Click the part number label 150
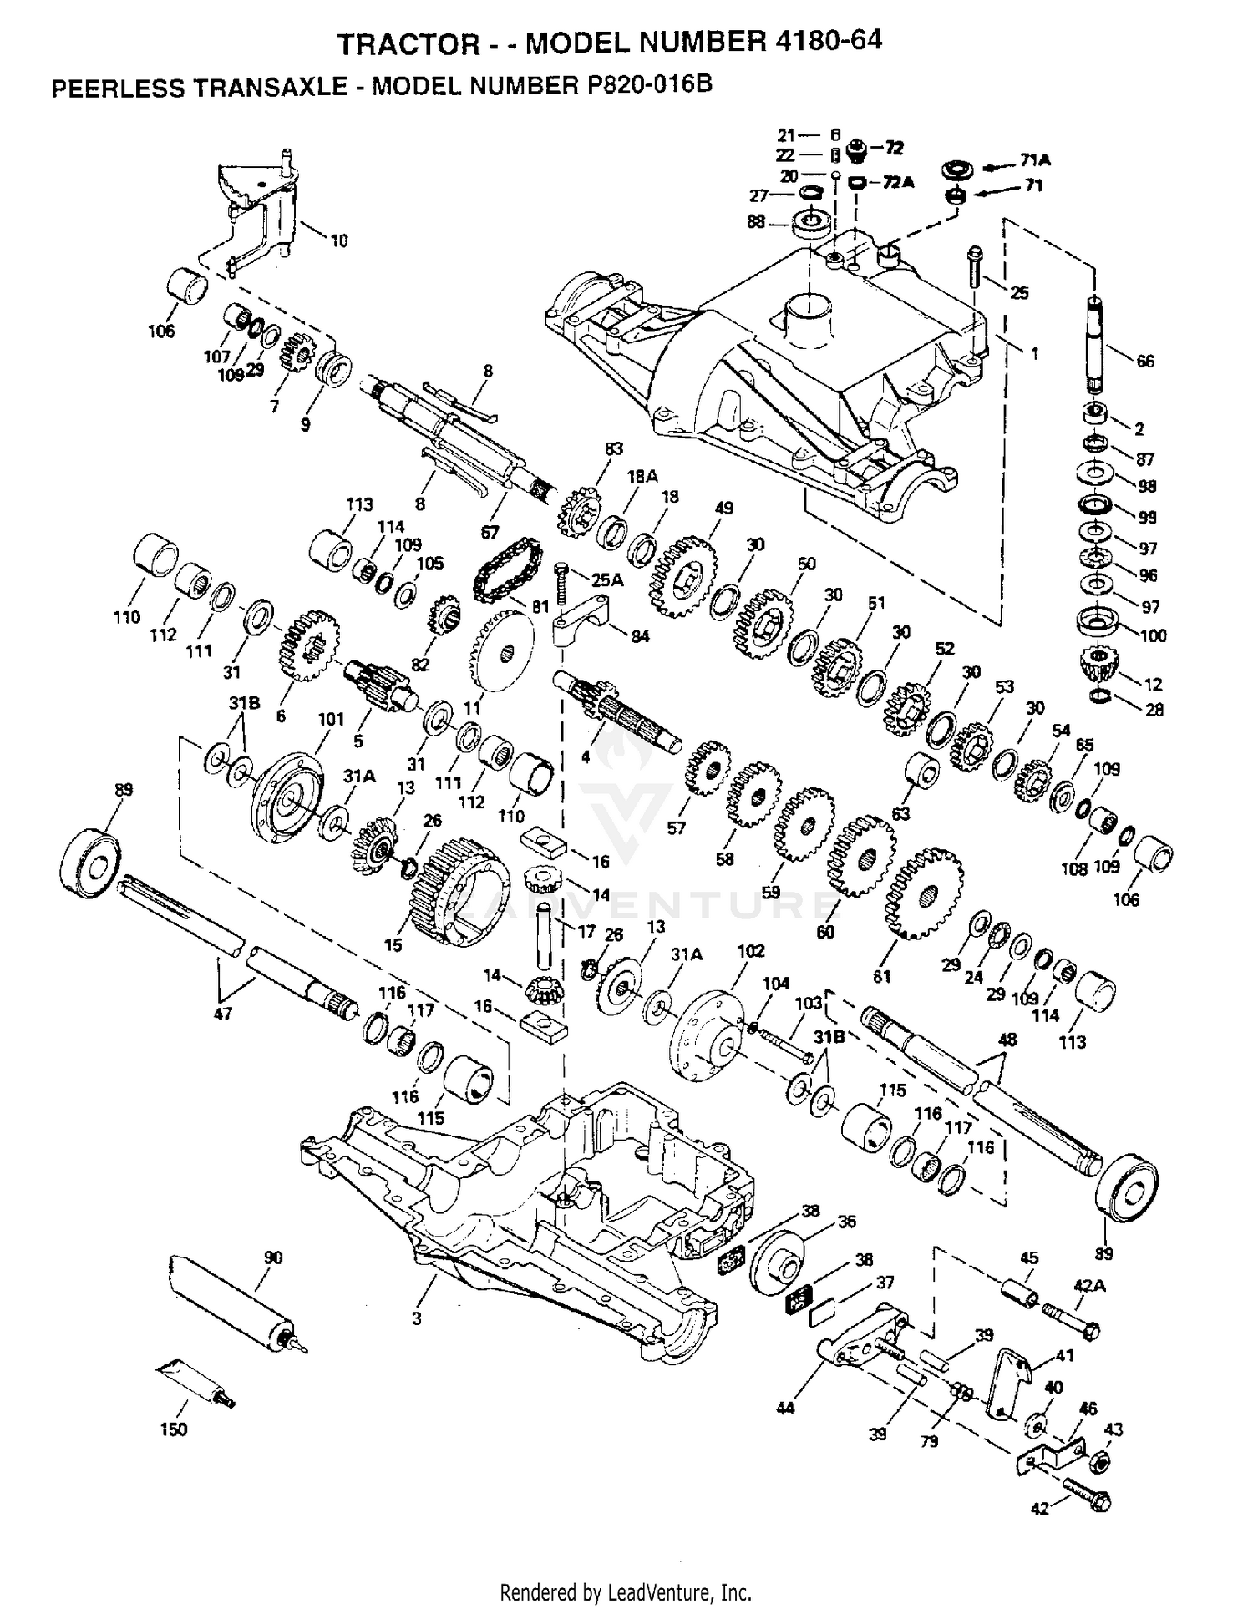tap(174, 1429)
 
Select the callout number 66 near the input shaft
tap(1144, 361)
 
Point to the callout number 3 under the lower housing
tap(416, 1318)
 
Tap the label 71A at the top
tap(1035, 160)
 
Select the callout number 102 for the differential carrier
tap(751, 950)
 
